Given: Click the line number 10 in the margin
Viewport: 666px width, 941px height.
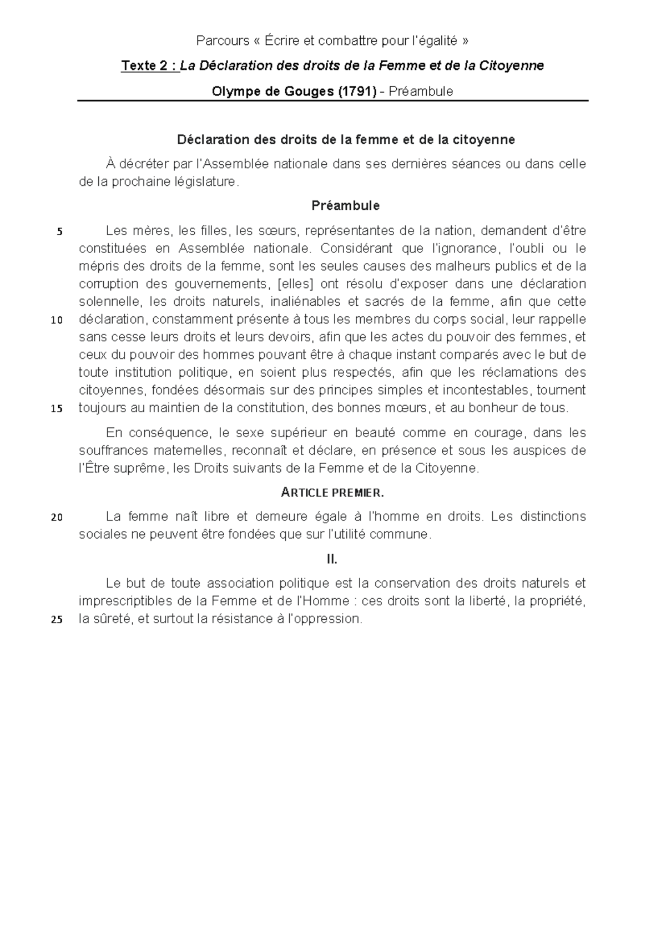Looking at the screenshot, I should tap(57, 321).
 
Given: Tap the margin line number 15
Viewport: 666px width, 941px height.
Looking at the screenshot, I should tap(57, 409).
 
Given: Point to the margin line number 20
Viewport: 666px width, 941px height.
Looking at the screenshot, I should tap(57, 518).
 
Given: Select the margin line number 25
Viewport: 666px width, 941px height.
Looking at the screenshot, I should tap(57, 620).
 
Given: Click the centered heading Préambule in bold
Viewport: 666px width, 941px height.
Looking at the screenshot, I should tap(345, 206).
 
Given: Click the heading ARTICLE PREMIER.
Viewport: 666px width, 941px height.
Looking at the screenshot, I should tap(332, 493).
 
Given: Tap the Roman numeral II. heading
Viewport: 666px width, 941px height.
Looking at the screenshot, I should tap(332, 559).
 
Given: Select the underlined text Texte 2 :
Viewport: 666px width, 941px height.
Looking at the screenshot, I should tap(150, 66).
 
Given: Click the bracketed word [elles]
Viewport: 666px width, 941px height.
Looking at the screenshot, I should tap(295, 284).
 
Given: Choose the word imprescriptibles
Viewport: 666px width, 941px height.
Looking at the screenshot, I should tap(125, 601).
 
